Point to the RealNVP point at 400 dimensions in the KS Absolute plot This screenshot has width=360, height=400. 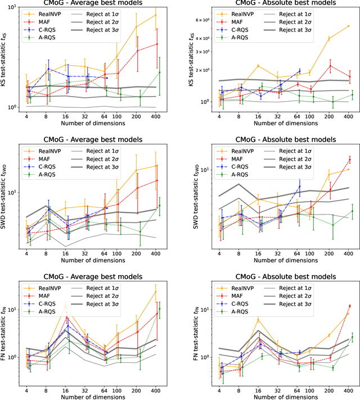(x=349, y=26)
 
